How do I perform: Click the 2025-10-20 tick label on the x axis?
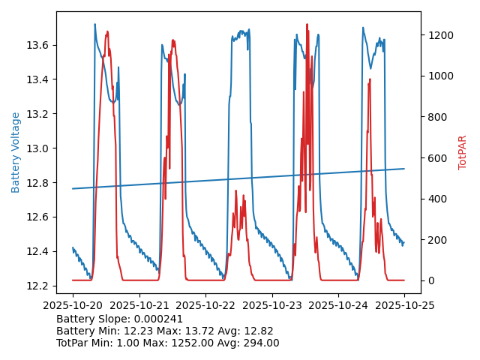pyautogui.click(x=73, y=305)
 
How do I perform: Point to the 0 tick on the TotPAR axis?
pyautogui.click(x=430, y=280)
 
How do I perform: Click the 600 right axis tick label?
pyautogui.click(x=435, y=158)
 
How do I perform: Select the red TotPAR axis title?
pyautogui.click(x=462, y=152)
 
